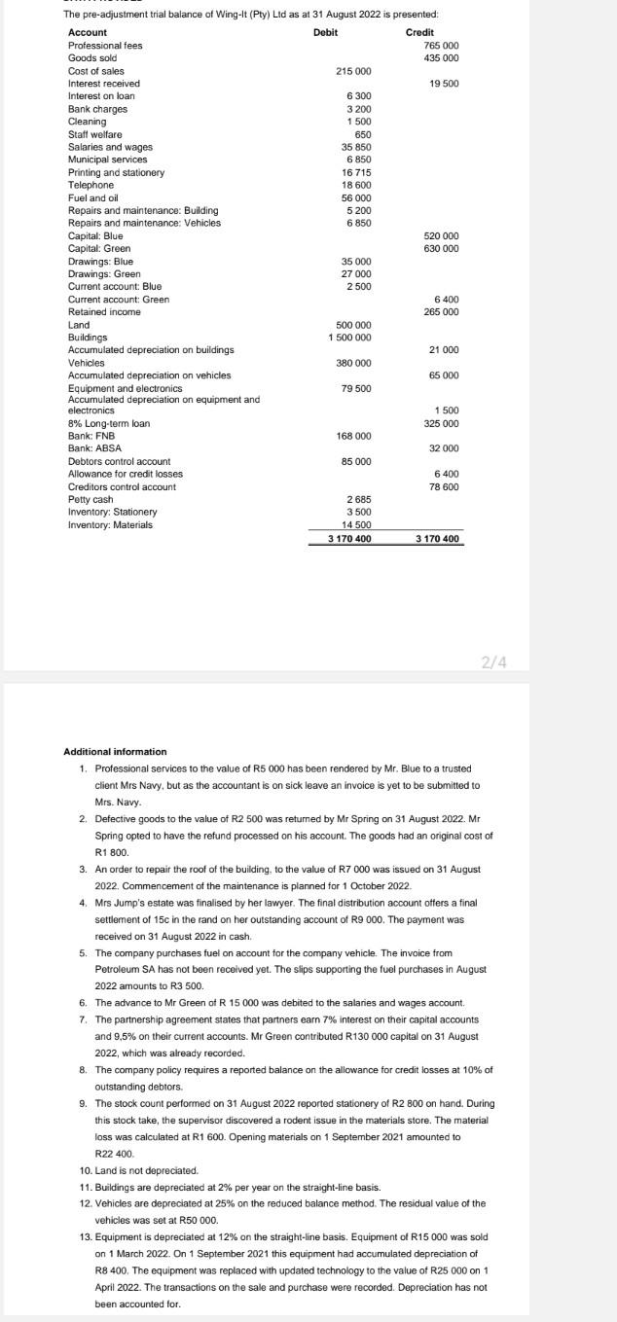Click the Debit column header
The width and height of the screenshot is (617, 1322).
point(325,33)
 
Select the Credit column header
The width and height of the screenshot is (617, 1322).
point(419,33)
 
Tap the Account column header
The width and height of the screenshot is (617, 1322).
point(88,33)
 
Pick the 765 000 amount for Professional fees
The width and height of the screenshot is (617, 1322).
point(442,46)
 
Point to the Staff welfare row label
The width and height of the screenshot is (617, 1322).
point(95,134)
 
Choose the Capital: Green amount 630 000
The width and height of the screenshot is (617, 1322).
point(442,248)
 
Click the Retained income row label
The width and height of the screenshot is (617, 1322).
point(104,312)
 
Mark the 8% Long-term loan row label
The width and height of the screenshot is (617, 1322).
point(108,424)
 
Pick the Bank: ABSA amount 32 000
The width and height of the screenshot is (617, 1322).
point(444,448)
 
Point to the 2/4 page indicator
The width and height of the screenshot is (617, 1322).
point(493,662)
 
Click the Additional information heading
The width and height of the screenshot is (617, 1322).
point(115,752)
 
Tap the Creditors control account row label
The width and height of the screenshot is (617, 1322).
point(122,486)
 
